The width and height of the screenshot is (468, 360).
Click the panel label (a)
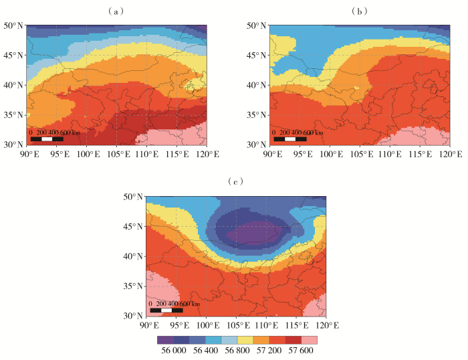pos(117,11)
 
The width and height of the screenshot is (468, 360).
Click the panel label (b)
pos(360,11)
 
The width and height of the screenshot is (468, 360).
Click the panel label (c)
pos(234,181)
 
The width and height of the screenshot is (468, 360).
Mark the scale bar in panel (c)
pos(166,310)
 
